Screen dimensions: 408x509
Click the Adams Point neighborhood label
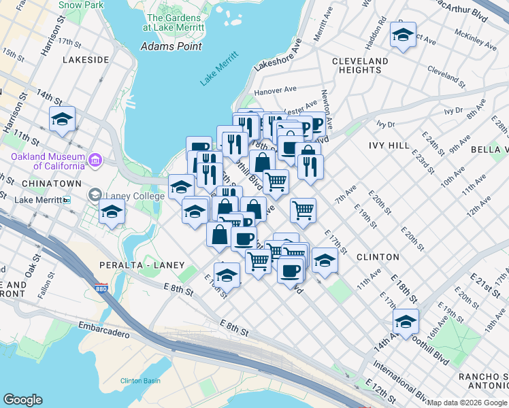coord(170,46)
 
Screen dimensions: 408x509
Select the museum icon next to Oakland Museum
coord(95,160)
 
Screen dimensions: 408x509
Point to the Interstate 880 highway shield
coord(101,288)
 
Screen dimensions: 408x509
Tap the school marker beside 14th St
coord(63,120)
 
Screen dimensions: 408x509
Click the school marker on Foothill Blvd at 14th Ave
coord(406,321)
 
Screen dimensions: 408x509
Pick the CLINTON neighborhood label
coord(378,257)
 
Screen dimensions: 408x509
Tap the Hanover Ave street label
coord(275,90)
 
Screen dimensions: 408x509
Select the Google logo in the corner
coord(22,400)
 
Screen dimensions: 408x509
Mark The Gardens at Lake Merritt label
coord(174,22)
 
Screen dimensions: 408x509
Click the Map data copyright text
coord(467,403)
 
